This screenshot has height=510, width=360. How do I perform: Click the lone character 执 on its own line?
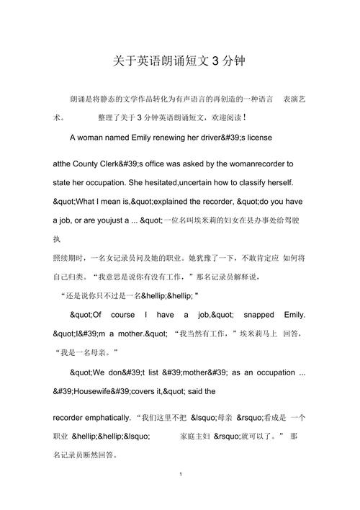tap(58, 238)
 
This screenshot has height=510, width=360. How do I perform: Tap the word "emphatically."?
tap(105, 416)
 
